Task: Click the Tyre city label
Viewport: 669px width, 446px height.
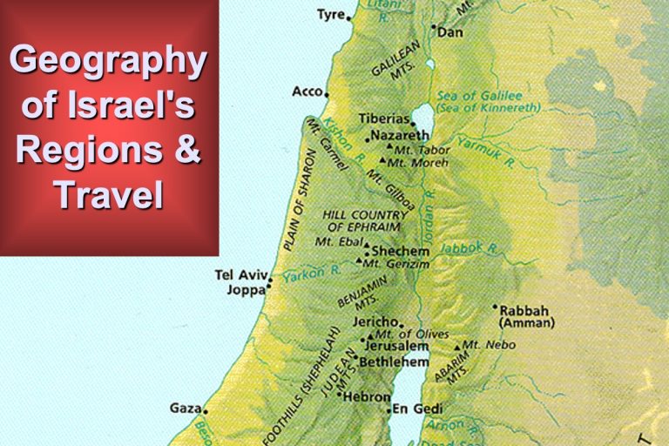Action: pos(330,14)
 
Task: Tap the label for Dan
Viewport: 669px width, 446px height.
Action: pos(449,32)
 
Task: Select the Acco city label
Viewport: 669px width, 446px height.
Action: pos(307,91)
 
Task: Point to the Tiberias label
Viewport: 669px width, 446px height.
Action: pos(384,118)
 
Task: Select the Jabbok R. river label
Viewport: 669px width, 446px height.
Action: pos(469,249)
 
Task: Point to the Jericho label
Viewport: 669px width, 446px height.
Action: pos(374,321)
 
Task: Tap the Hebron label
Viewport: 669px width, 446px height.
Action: pos(367,395)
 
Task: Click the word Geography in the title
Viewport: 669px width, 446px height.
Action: pos(107,62)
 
